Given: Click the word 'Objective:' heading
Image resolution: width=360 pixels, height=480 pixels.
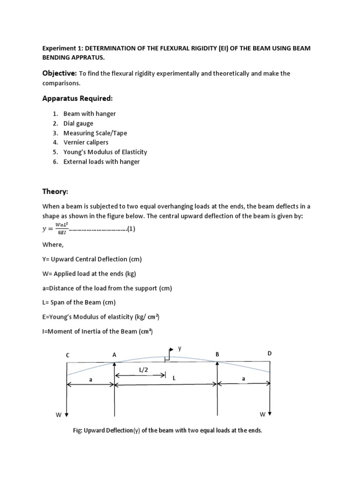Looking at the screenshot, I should coord(59,74).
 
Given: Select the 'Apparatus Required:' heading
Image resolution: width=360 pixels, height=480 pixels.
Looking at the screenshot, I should coord(77,99).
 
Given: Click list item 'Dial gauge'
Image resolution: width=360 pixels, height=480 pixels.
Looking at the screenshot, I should coord(78,123).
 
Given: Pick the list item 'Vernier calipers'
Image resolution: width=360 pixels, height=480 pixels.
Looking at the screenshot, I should coord(86,142).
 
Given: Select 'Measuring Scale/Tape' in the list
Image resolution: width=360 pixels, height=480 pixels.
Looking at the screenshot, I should coord(95,133).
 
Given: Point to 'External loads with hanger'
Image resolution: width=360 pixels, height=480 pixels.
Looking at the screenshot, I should coord(102,162).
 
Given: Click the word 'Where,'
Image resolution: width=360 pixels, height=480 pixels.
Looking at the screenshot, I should coord(53,244).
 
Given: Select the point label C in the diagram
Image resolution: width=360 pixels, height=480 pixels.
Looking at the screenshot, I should coord(68,355).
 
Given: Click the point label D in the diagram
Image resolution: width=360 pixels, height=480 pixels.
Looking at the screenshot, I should coord(270,353).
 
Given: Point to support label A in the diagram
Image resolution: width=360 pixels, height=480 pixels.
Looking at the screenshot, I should coord(114,355).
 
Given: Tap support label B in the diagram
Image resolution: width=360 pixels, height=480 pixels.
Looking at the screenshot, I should coord(217,355).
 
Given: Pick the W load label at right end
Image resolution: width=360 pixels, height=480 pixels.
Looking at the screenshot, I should coord(262,415).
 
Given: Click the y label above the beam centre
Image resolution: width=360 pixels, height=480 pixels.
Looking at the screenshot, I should coord(179,349).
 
